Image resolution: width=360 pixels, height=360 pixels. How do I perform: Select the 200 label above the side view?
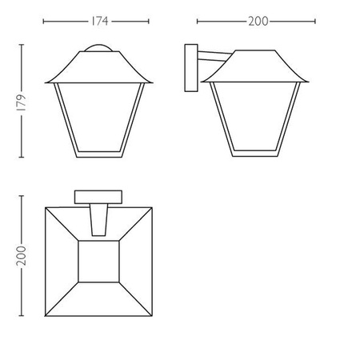tap(257, 21)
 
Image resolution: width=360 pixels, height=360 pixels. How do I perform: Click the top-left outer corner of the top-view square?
tap(46, 207)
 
